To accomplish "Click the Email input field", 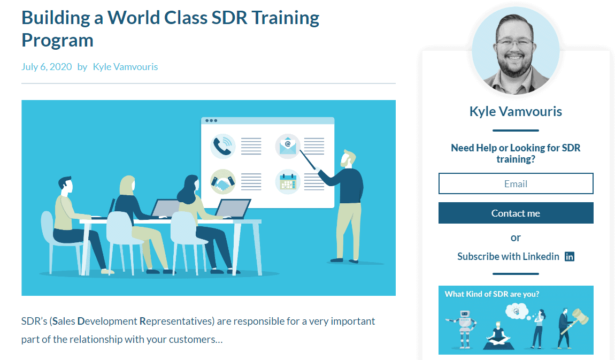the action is pyautogui.click(x=516, y=183).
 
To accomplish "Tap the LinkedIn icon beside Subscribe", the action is pyautogui.click(x=570, y=256).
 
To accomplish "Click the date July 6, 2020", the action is pyautogui.click(x=47, y=67).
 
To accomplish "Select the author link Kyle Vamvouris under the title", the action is pyautogui.click(x=126, y=67).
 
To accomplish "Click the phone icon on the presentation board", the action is pyautogui.click(x=223, y=146).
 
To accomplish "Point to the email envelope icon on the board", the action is pyautogui.click(x=288, y=146).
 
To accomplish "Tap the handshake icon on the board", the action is pyautogui.click(x=223, y=182).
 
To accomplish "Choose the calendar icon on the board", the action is pyautogui.click(x=288, y=182).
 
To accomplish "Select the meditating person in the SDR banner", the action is pyautogui.click(x=498, y=335).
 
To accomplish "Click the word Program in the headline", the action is pyautogui.click(x=57, y=41).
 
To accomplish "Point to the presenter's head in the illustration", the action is pyautogui.click(x=348, y=158).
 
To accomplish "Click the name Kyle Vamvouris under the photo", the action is pyautogui.click(x=516, y=111).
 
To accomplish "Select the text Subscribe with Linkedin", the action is pyautogui.click(x=509, y=256).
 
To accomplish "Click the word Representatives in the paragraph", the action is pyautogui.click(x=176, y=321).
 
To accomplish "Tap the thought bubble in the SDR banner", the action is pyautogui.click(x=517, y=312).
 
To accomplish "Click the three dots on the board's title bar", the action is pyautogui.click(x=211, y=120).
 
